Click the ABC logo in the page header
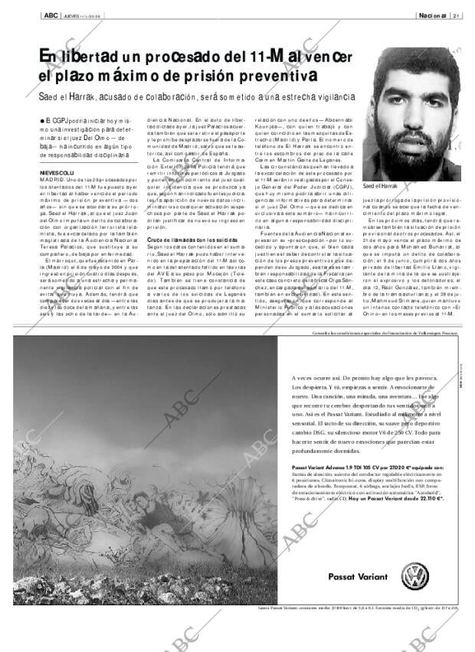click(50, 15)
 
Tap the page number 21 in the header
click(455, 15)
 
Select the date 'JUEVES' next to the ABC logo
click(72, 15)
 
